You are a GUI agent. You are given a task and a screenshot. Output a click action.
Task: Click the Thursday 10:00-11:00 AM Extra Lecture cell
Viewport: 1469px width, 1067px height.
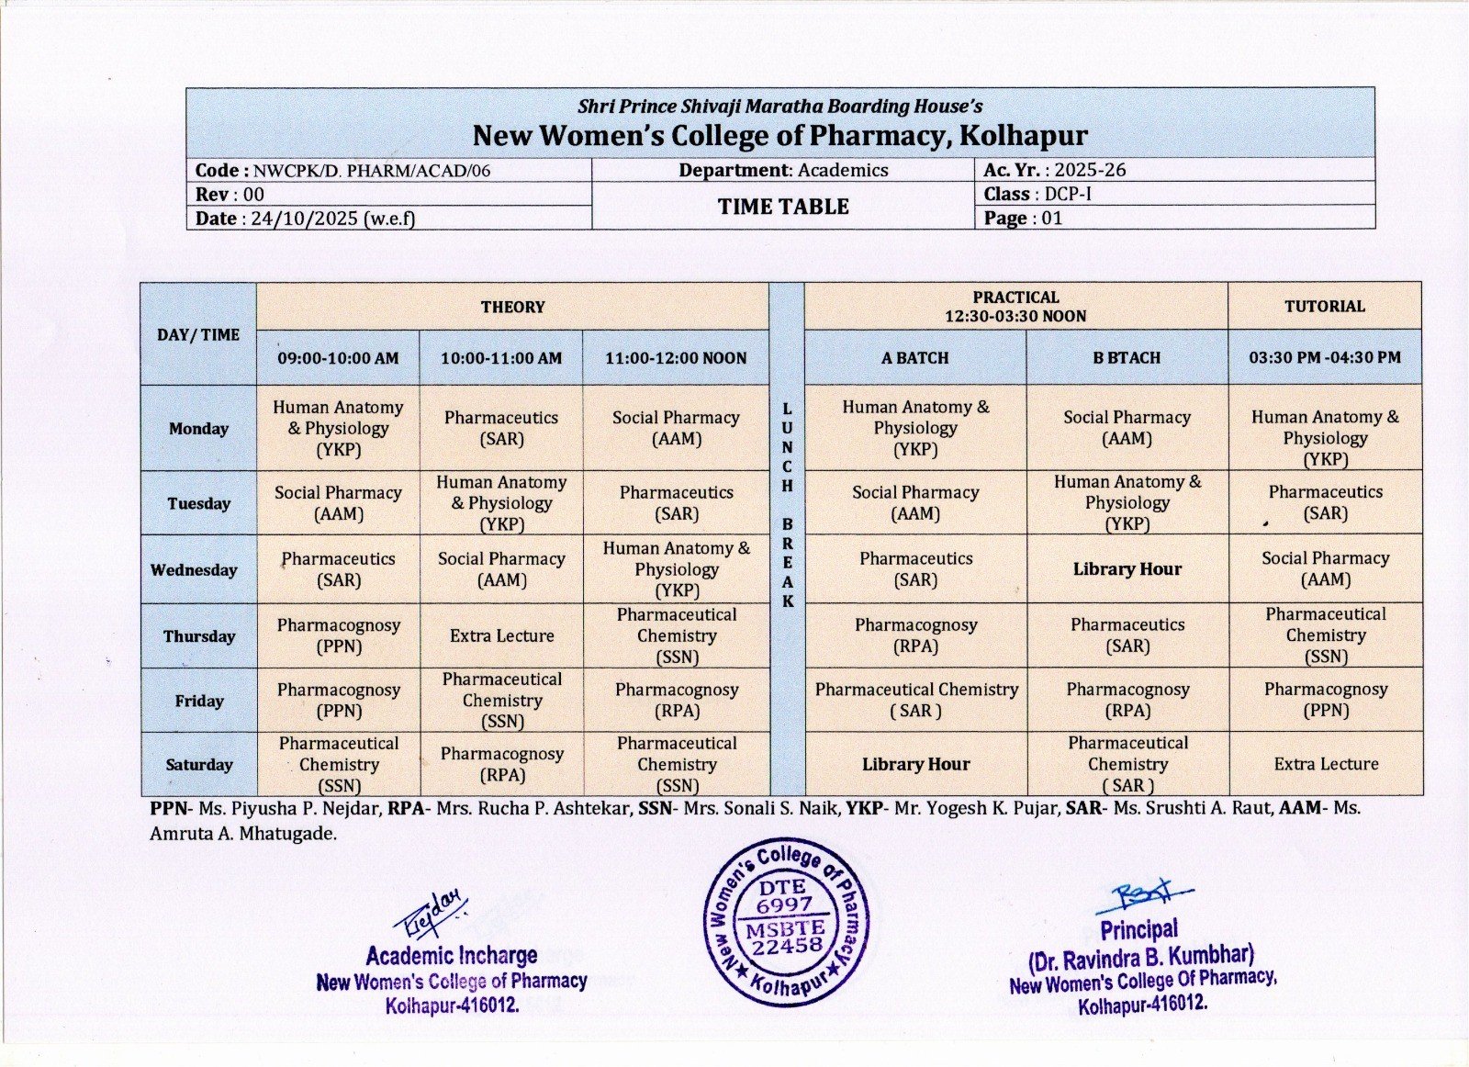click(x=501, y=635)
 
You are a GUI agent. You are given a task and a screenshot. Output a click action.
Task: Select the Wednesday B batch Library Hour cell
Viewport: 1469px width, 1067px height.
click(x=1127, y=569)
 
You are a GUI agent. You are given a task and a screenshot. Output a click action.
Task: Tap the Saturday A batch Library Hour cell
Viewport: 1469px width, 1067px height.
click(x=915, y=764)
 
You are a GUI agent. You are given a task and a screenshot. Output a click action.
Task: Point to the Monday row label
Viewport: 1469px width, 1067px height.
click(x=198, y=428)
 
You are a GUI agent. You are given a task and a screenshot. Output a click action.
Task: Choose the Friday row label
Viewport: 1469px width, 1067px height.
click(x=198, y=701)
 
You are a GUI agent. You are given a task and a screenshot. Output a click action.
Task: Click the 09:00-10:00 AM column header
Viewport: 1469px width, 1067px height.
click(x=338, y=358)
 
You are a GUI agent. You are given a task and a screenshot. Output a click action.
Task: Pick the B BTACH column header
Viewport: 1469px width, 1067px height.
click(x=1127, y=358)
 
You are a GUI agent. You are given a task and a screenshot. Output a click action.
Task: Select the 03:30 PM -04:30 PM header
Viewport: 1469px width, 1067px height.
click(x=1325, y=357)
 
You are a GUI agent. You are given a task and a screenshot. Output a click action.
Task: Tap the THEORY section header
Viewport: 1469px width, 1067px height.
click(x=512, y=307)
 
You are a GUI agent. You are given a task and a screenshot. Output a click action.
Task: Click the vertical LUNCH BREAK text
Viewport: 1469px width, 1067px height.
click(x=787, y=504)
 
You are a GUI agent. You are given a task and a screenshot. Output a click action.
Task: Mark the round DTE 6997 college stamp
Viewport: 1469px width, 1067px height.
click(x=786, y=920)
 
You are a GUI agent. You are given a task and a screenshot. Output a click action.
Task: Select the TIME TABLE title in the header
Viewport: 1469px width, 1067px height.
click(x=783, y=207)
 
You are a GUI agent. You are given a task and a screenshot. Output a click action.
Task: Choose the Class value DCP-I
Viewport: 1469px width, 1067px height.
click(x=1068, y=194)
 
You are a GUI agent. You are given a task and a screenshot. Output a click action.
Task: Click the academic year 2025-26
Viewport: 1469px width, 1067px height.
click(x=1090, y=170)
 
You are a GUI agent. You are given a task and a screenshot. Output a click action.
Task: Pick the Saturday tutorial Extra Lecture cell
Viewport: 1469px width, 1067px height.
click(x=1325, y=764)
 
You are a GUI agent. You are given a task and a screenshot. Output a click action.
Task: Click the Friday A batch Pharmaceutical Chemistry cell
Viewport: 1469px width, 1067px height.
click(x=915, y=700)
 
